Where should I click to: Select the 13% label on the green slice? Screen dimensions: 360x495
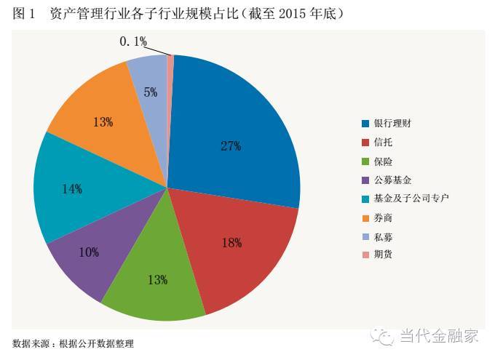click(x=157, y=279)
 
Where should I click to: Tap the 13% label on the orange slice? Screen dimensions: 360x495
click(x=103, y=122)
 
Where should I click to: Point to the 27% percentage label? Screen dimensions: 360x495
click(x=231, y=145)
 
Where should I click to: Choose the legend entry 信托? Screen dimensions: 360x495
click(x=383, y=142)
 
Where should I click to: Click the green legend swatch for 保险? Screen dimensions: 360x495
click(x=365, y=161)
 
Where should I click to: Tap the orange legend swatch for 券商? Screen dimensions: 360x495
click(x=365, y=217)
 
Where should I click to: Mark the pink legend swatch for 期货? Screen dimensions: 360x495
click(x=365, y=255)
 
